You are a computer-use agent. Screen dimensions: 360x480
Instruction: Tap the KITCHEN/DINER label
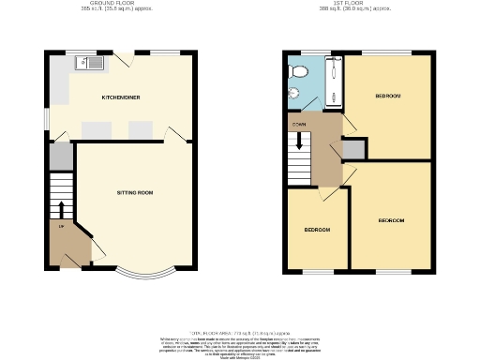click(x=122, y=97)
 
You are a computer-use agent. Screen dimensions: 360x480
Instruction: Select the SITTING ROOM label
click(x=134, y=192)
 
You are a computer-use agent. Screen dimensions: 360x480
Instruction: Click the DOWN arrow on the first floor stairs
click(x=300, y=142)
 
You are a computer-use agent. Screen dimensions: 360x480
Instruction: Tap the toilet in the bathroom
click(x=297, y=70)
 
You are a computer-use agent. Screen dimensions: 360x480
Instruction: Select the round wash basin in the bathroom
click(x=292, y=92)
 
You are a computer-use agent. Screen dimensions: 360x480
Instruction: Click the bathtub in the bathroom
click(x=334, y=80)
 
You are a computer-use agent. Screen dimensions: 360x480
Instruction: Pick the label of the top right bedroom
click(x=388, y=97)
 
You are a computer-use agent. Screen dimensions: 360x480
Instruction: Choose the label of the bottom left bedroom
click(x=317, y=230)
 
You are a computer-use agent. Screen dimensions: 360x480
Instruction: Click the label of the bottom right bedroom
click(x=391, y=220)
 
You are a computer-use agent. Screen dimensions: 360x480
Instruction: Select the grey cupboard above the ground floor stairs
click(x=60, y=156)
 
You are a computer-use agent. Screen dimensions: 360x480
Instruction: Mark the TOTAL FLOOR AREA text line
click(x=240, y=331)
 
